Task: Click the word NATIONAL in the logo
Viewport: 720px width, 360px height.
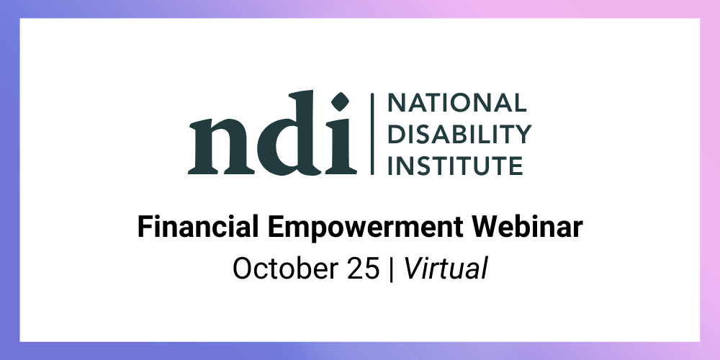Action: pyautogui.click(x=457, y=103)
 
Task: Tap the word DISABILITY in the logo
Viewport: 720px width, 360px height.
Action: pyautogui.click(x=459, y=134)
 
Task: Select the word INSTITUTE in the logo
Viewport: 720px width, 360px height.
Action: pyautogui.click(x=456, y=166)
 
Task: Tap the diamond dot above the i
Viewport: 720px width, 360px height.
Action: pyautogui.click(x=340, y=102)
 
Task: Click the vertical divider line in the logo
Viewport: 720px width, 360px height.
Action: pyautogui.click(x=372, y=134)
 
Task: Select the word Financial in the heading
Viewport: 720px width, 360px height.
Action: pyautogui.click(x=198, y=227)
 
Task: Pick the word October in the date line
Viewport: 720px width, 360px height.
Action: pyautogui.click(x=284, y=269)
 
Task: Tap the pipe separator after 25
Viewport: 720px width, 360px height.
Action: pyautogui.click(x=391, y=269)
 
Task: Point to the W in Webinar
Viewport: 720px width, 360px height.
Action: pyautogui.click(x=489, y=228)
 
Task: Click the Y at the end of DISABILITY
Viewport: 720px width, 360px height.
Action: pyautogui.click(x=523, y=134)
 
